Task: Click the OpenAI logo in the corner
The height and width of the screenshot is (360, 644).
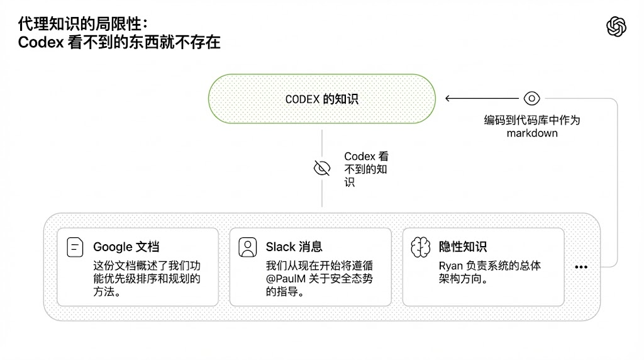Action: click(x=616, y=26)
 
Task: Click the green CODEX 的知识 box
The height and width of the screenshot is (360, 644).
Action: click(x=322, y=99)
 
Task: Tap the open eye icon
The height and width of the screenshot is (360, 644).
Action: click(x=532, y=98)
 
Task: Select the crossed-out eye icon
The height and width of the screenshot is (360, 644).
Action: click(x=322, y=168)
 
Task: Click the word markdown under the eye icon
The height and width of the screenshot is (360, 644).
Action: click(x=532, y=133)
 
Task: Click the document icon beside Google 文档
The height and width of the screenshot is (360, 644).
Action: click(x=75, y=247)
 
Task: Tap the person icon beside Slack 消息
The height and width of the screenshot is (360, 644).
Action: click(x=248, y=247)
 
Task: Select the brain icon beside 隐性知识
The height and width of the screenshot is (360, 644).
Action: click(x=420, y=247)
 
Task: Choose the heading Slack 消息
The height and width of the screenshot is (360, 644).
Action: click(x=294, y=247)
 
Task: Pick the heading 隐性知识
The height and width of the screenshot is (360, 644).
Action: click(x=463, y=247)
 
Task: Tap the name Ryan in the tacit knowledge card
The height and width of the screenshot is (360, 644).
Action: click(x=451, y=266)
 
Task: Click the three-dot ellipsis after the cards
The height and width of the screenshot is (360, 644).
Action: click(x=581, y=267)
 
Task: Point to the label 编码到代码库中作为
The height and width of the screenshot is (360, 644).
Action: click(x=532, y=120)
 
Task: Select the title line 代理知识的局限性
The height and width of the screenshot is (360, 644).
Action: click(x=82, y=24)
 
